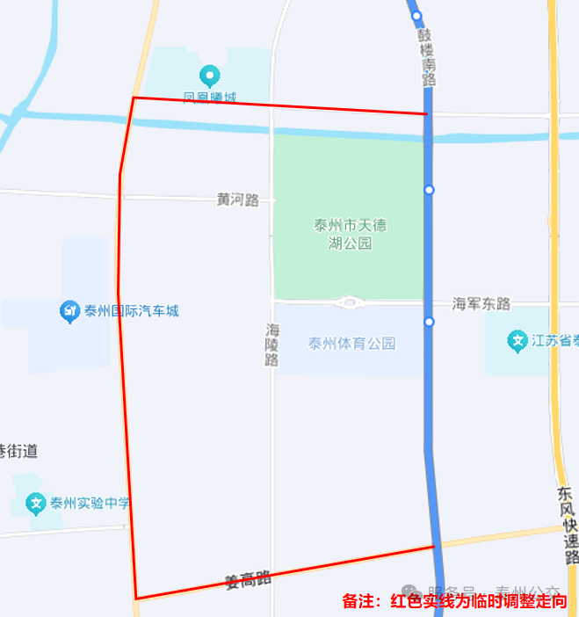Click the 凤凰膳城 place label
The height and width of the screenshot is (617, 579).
(x=209, y=97)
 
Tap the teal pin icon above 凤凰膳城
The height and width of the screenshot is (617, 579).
(x=209, y=74)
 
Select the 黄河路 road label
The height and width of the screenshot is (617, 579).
(x=237, y=200)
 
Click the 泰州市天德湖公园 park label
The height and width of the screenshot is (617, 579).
(x=350, y=234)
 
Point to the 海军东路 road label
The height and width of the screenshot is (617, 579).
(x=481, y=303)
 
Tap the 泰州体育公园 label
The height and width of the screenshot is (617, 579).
(x=351, y=344)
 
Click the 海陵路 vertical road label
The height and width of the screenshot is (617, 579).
(x=272, y=344)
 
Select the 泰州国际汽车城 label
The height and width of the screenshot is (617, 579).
(x=131, y=311)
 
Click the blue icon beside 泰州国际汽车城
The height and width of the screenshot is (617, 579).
(x=69, y=311)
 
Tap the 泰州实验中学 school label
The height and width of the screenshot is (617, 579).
(x=90, y=504)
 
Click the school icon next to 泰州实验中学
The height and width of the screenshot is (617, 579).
(x=36, y=504)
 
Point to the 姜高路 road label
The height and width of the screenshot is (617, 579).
(x=247, y=579)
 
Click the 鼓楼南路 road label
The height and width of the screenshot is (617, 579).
(x=427, y=56)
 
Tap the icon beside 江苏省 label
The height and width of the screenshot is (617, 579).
(x=517, y=339)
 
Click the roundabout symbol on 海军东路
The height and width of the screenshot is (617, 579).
(x=350, y=303)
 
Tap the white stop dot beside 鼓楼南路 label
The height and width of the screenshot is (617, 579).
(x=416, y=16)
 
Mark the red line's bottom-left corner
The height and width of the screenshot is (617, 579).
(x=136, y=599)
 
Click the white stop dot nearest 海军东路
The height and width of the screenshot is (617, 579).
(x=429, y=323)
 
